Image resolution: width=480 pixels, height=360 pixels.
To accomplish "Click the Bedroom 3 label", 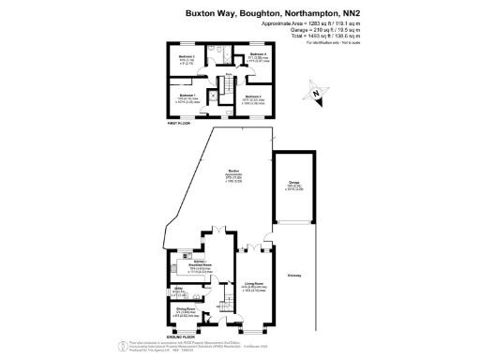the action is [x=187, y=58].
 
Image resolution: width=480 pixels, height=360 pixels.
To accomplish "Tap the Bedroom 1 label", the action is [x=187, y=95].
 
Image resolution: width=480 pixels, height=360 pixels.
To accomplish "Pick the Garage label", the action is [x=294, y=184].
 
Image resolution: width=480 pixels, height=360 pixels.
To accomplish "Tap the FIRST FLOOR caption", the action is [x=179, y=123].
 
